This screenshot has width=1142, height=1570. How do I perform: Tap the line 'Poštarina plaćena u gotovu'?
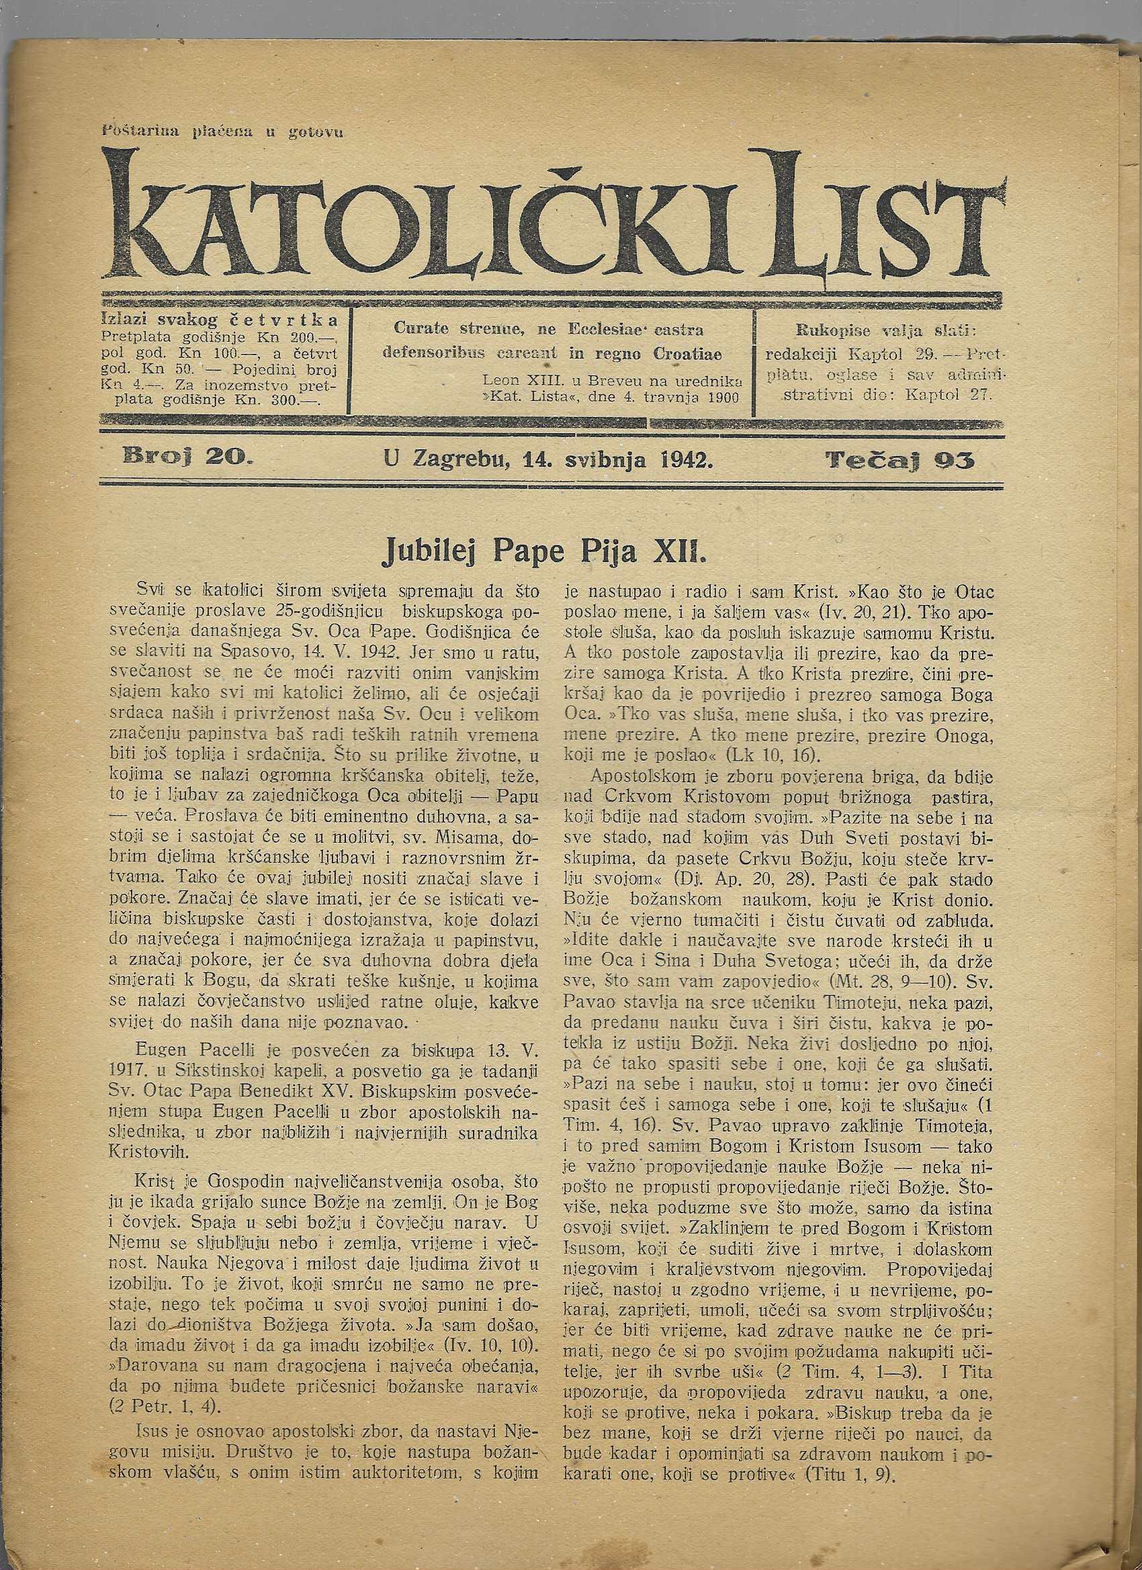222,131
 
